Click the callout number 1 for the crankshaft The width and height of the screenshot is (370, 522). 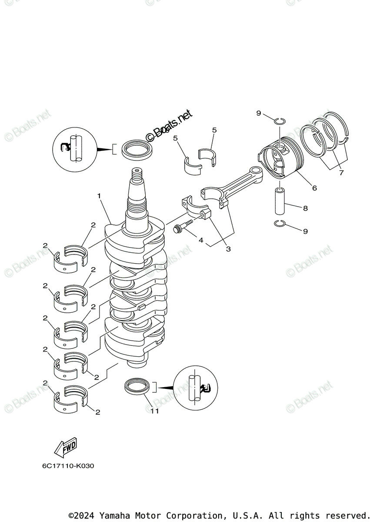(99, 196)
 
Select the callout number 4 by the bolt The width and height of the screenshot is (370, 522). (201, 240)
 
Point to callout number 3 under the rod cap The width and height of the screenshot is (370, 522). (228, 249)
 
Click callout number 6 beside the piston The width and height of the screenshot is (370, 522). (314, 188)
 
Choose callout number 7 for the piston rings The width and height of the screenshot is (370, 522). (341, 173)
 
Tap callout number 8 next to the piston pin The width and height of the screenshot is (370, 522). (305, 208)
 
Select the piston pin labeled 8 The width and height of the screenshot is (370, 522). (280, 201)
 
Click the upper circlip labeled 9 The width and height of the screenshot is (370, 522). (280, 120)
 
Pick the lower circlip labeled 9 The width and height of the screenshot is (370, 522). (280, 224)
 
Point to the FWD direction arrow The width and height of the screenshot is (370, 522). (65, 447)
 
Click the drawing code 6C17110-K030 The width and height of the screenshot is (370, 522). (68, 466)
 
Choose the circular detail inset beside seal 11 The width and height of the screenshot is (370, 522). (195, 387)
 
